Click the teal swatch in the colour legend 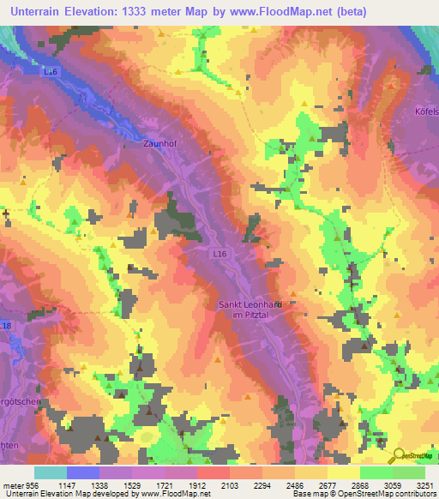click(x=50, y=472)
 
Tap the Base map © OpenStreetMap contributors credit click(x=363, y=493)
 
